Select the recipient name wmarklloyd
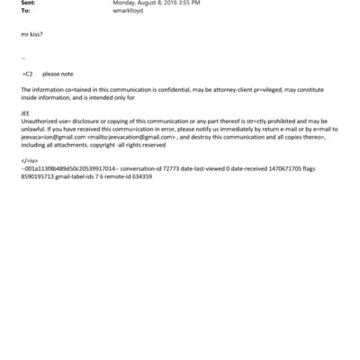(x=129, y=11)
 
